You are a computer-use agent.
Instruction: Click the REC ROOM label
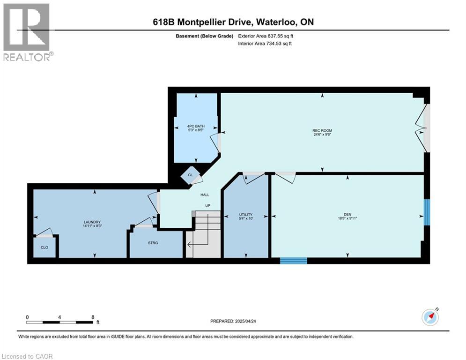click(x=323, y=130)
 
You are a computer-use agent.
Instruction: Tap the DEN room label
click(x=348, y=213)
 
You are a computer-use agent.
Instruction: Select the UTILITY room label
click(x=246, y=214)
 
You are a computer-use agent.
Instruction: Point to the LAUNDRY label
click(x=92, y=222)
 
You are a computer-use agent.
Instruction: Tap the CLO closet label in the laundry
click(x=44, y=247)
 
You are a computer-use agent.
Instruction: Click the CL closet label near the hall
click(x=190, y=175)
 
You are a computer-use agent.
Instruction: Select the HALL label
click(x=205, y=195)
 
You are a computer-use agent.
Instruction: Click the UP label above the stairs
click(x=206, y=206)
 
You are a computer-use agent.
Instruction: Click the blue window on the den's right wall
click(x=427, y=212)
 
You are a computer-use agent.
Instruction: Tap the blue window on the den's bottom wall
click(x=293, y=261)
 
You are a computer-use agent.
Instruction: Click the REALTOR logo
click(x=27, y=32)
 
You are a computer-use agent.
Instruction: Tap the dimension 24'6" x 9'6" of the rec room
click(x=323, y=135)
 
